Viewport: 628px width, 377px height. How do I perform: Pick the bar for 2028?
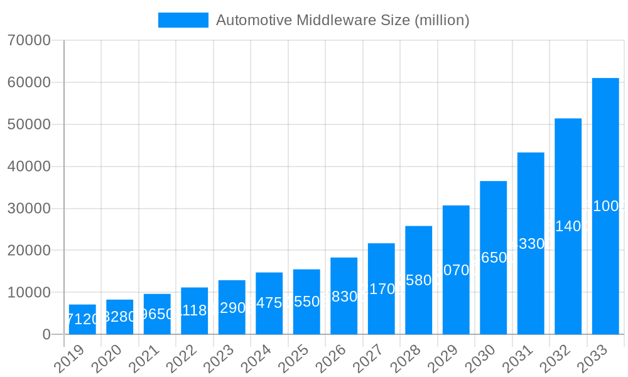tap(418, 280)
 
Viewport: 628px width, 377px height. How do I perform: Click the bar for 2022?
tap(194, 311)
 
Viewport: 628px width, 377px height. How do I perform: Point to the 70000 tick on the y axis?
tap(29, 41)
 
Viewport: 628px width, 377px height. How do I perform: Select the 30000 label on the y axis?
tap(29, 209)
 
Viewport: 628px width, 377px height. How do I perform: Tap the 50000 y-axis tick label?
tap(29, 124)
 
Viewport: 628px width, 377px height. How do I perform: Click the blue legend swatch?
tap(183, 20)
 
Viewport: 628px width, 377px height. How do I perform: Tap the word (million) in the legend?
tap(441, 20)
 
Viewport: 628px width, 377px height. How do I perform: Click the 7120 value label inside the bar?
tap(82, 319)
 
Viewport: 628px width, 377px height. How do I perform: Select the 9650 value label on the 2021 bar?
tap(157, 314)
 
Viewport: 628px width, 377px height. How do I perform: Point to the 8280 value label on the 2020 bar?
tap(119, 317)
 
